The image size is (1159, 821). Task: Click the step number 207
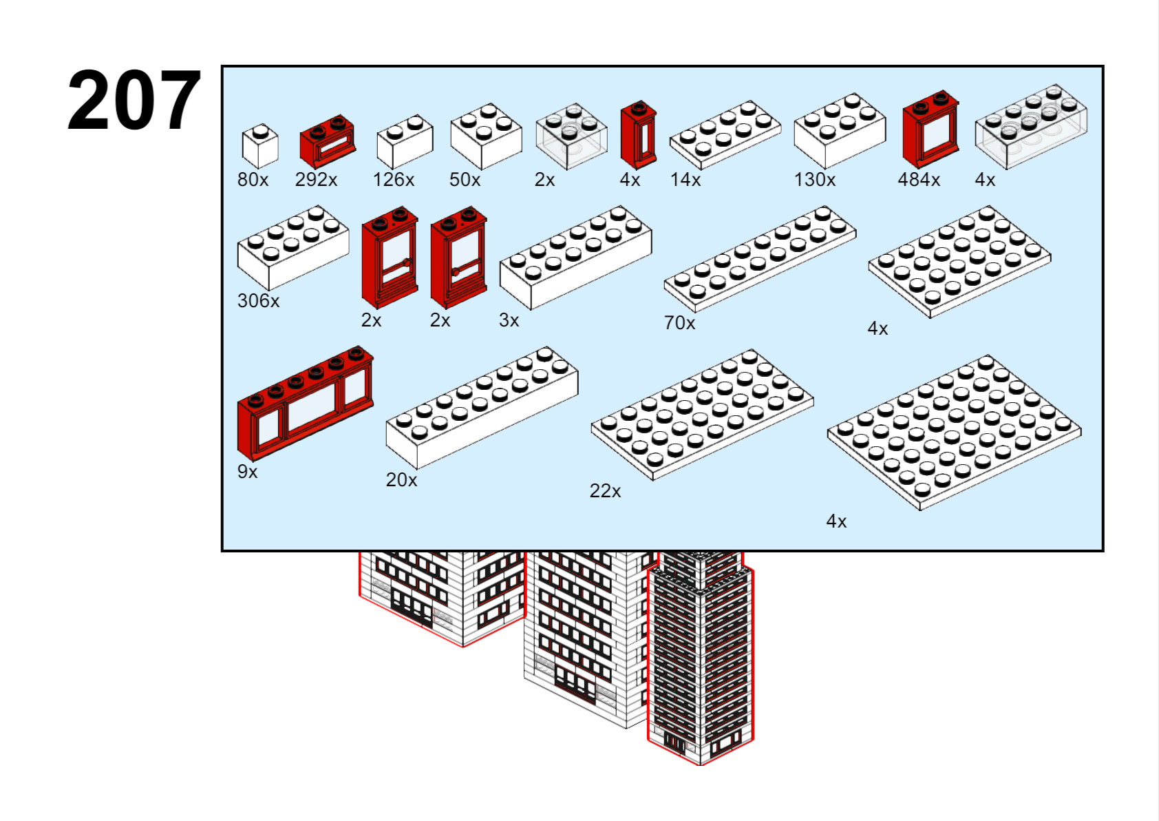pyautogui.click(x=134, y=101)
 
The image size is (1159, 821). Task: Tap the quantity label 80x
pyautogui.click(x=253, y=180)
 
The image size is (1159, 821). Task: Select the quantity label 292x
pyautogui.click(x=316, y=180)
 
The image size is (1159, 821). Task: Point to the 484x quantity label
pyautogui.click(x=918, y=180)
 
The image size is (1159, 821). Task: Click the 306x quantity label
pyautogui.click(x=258, y=301)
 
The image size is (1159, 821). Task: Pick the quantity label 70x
pyautogui.click(x=679, y=323)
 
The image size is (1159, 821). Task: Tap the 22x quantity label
pyautogui.click(x=605, y=491)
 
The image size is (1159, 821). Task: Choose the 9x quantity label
pyautogui.click(x=247, y=472)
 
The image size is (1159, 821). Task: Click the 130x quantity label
pyautogui.click(x=814, y=180)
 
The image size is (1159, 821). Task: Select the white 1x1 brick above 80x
pyautogui.click(x=260, y=146)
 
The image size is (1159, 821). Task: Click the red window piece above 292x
pyautogui.click(x=328, y=142)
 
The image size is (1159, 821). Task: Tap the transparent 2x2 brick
pyautogui.click(x=571, y=136)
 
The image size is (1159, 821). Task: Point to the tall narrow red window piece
pyautogui.click(x=639, y=136)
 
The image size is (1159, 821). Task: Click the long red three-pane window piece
pyautogui.click(x=305, y=403)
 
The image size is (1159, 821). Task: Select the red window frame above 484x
pyautogui.click(x=931, y=129)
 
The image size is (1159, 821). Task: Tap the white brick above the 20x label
pyautogui.click(x=482, y=407)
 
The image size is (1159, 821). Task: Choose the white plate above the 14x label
pyautogui.click(x=725, y=134)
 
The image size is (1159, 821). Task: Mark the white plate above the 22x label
pyautogui.click(x=702, y=414)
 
